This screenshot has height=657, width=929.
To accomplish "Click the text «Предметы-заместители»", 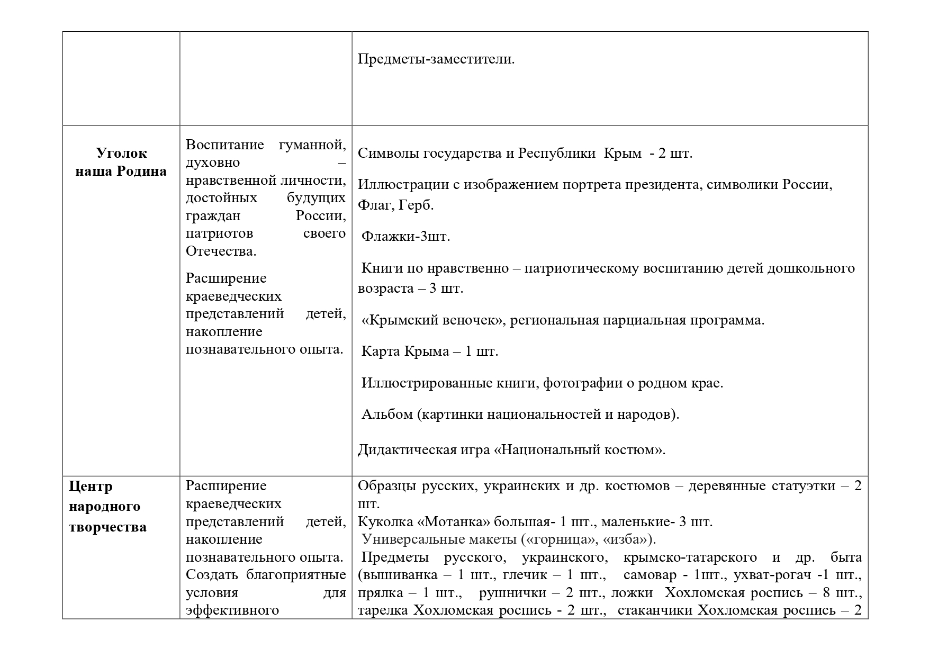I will (436, 59).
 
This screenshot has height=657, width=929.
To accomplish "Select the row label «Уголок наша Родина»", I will (121, 162).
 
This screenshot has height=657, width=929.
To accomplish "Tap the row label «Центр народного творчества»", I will (107, 507).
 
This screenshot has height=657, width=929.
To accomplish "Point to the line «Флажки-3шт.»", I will (405, 236).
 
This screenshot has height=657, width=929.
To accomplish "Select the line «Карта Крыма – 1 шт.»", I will (430, 352).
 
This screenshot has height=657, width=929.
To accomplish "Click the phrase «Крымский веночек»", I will (432, 320).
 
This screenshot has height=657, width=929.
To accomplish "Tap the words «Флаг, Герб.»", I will (396, 205).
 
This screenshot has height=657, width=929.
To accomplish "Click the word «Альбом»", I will (387, 414).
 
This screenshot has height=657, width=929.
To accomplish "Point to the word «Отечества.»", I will (221, 251).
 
